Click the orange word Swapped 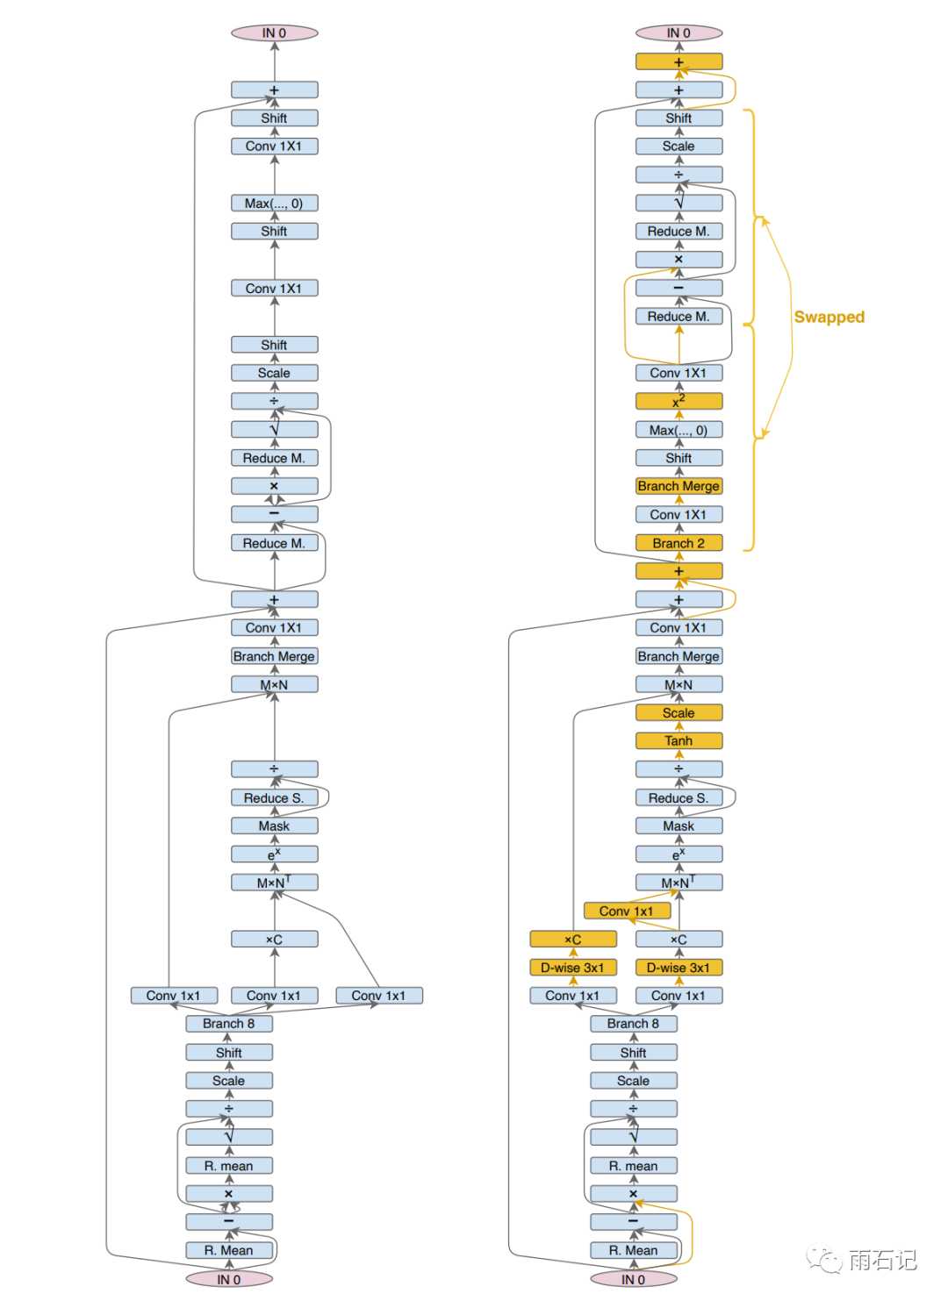pos(829,317)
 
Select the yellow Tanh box pos(679,740)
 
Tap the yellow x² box pos(679,401)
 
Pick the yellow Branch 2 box pos(679,543)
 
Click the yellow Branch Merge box pos(679,486)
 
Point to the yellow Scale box pos(679,712)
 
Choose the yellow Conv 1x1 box pos(627,911)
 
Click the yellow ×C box pos(573,939)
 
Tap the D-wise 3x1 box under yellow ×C pos(573,967)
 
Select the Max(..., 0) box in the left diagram pos(274,203)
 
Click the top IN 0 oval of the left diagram pos(274,33)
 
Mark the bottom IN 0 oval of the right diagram pos(633,1279)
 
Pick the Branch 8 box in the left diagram pos(228,1023)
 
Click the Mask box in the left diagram pos(274,826)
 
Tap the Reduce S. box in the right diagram pos(679,797)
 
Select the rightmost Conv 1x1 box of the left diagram pos(379,995)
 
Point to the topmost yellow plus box pos(679,61)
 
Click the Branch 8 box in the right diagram pos(633,1023)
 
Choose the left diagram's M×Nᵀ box pos(274,882)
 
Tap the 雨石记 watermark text pos(882,1261)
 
